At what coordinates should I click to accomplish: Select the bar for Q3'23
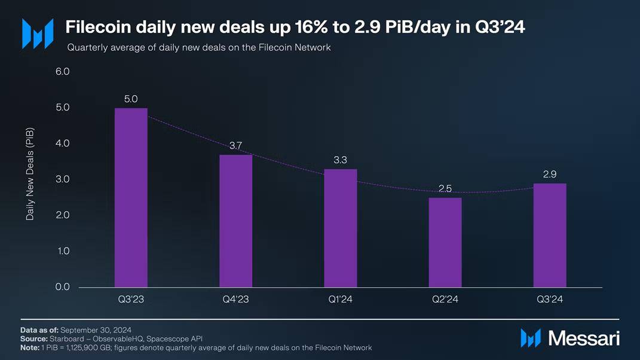131,197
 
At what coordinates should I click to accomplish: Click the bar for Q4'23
235,221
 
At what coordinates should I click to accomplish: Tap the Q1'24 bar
341,228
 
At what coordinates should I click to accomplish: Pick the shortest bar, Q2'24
445,242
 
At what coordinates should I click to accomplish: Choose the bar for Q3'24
550,235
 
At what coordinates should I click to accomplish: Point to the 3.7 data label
236,145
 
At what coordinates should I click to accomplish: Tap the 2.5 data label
445,188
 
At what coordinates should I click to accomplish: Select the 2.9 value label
550,174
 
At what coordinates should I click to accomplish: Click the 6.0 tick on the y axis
63,72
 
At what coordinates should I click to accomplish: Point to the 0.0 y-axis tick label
63,287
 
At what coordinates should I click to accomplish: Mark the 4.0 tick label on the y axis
63,144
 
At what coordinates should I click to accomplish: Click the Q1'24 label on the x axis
341,300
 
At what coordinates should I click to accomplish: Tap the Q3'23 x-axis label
131,300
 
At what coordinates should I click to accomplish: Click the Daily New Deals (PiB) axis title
30,173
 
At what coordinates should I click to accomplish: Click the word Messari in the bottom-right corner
583,338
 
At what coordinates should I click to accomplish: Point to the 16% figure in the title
311,28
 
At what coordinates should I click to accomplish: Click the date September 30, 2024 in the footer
96,330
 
